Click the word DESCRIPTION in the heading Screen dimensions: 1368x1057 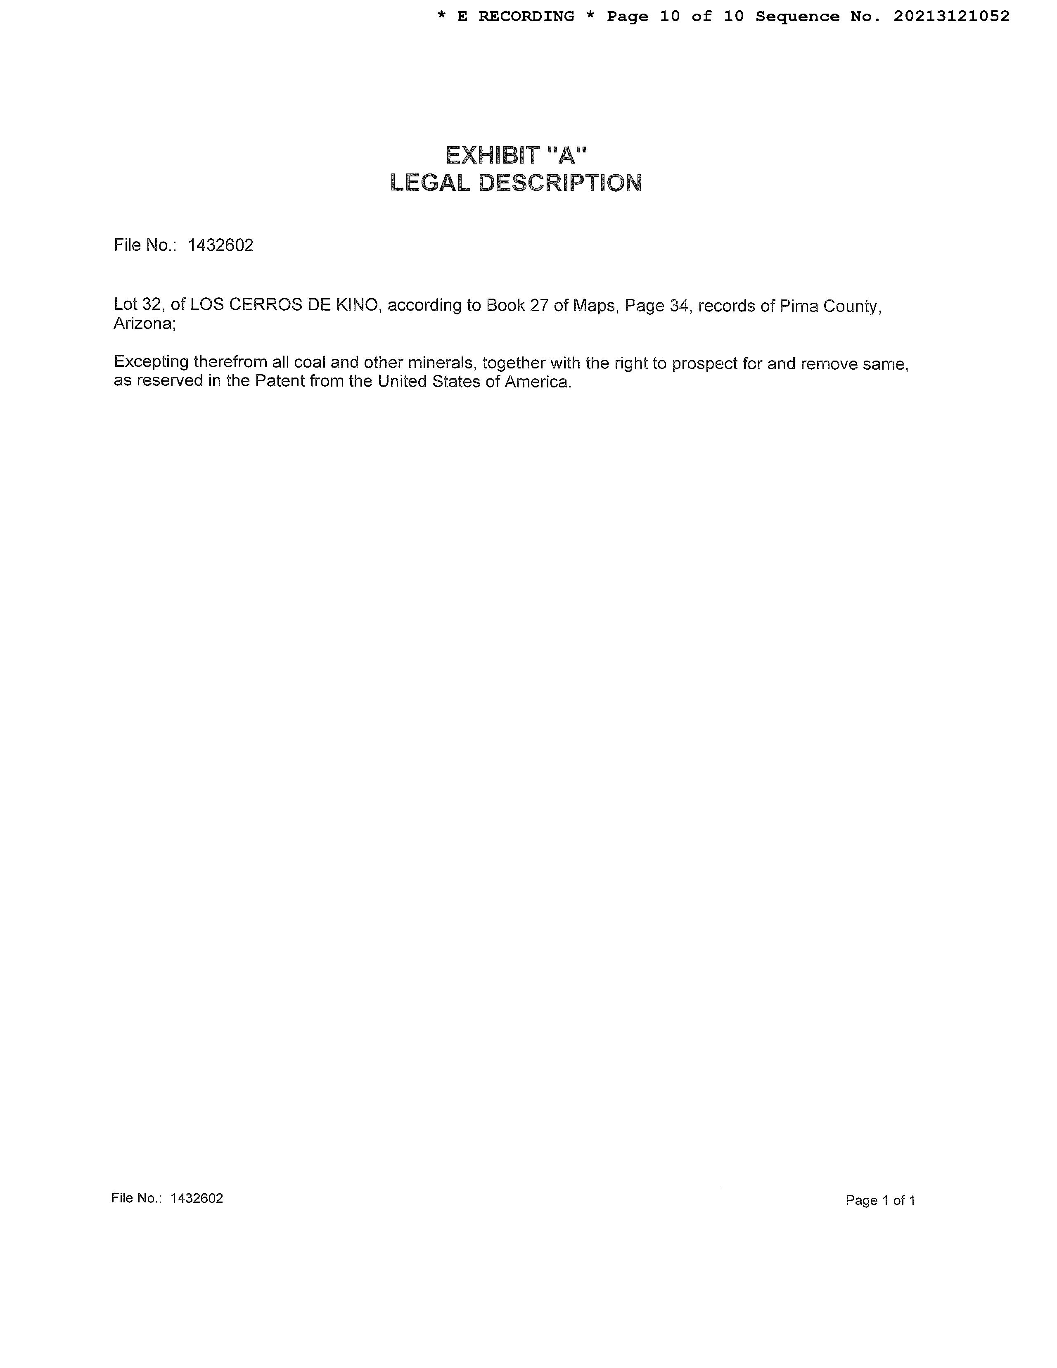(x=560, y=183)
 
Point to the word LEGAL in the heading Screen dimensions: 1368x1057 (x=429, y=183)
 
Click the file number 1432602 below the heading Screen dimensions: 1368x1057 (x=220, y=245)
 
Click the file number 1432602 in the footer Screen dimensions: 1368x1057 (x=197, y=1198)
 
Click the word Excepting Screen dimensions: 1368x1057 (x=151, y=363)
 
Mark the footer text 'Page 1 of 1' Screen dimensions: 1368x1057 (x=880, y=1200)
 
